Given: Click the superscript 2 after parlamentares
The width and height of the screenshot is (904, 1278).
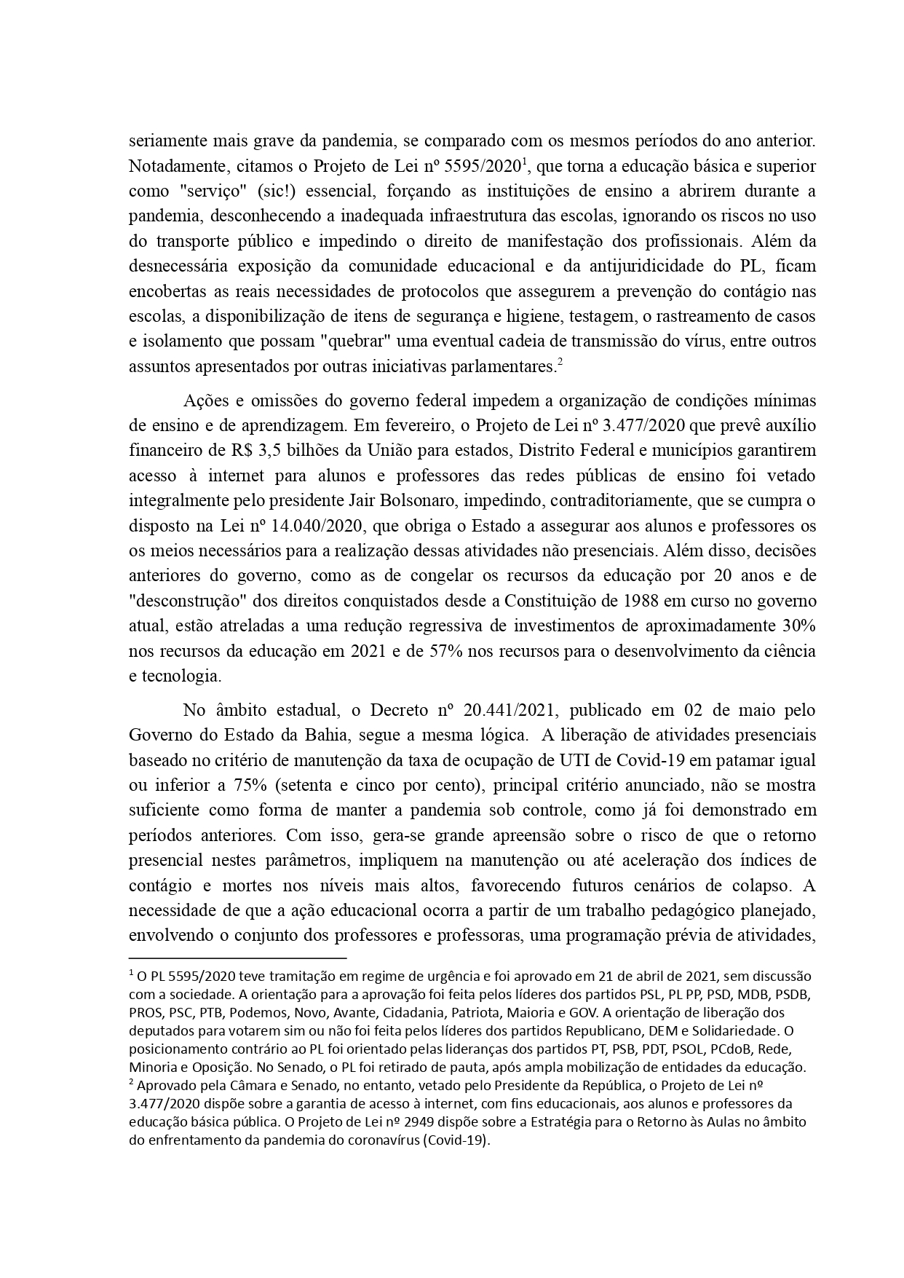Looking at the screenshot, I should point(560,363).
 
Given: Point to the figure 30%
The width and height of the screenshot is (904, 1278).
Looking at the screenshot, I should point(796,626).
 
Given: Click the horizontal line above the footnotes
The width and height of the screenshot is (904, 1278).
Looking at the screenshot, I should point(237,959).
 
